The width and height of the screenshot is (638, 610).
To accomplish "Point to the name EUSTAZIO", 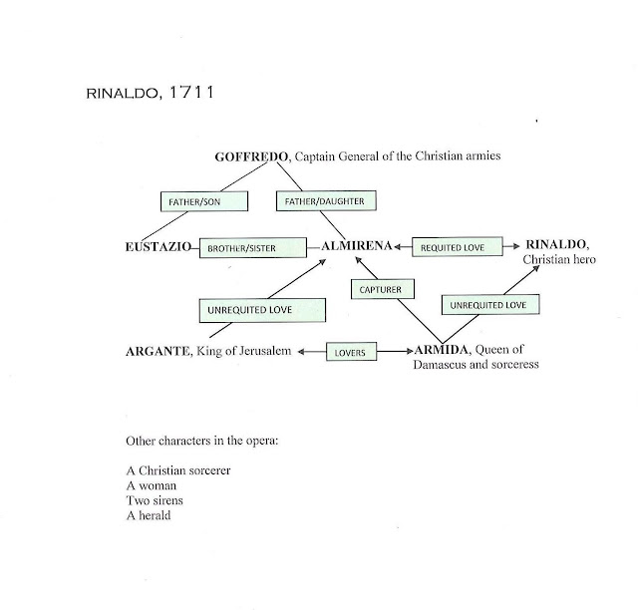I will pos(155,245).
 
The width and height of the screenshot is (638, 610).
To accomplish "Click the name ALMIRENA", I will pos(354,245).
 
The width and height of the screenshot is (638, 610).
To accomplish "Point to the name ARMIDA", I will pos(442,350).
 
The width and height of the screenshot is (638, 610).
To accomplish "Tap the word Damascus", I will pos(444,366).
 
